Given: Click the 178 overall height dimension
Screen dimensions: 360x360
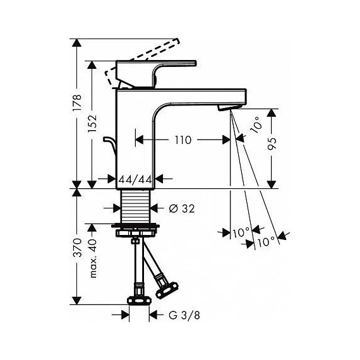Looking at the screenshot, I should click(x=77, y=102).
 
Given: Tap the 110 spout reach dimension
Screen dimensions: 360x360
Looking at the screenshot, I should click(x=183, y=140).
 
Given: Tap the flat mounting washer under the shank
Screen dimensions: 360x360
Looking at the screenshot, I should click(x=136, y=225).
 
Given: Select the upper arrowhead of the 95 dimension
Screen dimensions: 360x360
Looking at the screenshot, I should click(x=272, y=114).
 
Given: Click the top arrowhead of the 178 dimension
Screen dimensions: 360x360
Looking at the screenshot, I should click(x=77, y=44).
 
